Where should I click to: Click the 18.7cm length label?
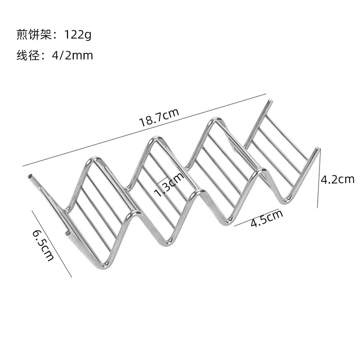pos(159,117)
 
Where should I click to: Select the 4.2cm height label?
pos(337,180)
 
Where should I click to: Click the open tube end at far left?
pos(30,176)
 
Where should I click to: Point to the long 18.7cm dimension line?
pos(144,130)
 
